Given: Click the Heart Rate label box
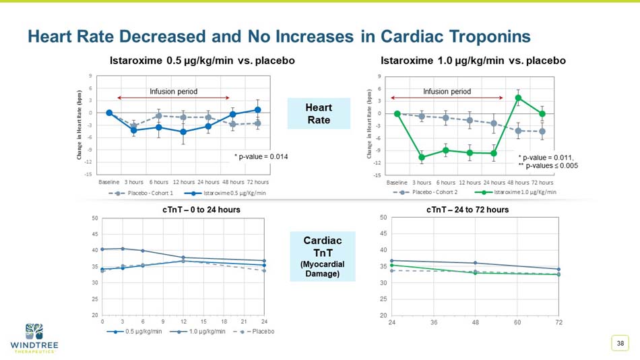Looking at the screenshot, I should point(319,113).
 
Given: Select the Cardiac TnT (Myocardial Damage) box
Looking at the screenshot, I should point(323,257).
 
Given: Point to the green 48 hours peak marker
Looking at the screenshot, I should point(518,98).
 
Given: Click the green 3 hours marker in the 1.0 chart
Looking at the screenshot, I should point(422,157).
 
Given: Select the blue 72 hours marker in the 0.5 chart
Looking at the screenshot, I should point(258,110).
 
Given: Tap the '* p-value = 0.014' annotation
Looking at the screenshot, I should point(261,157).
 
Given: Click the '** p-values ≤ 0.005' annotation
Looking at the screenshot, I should point(548,165).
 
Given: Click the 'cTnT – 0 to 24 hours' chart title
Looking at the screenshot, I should point(201,210).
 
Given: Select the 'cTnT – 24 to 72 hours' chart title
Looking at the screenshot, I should point(468,210).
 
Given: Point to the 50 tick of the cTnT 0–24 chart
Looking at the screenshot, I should point(94,218).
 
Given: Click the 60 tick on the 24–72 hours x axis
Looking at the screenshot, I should point(517,322).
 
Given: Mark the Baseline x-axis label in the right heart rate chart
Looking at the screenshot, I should point(397,182).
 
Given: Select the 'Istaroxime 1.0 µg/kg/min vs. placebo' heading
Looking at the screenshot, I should point(473,61).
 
